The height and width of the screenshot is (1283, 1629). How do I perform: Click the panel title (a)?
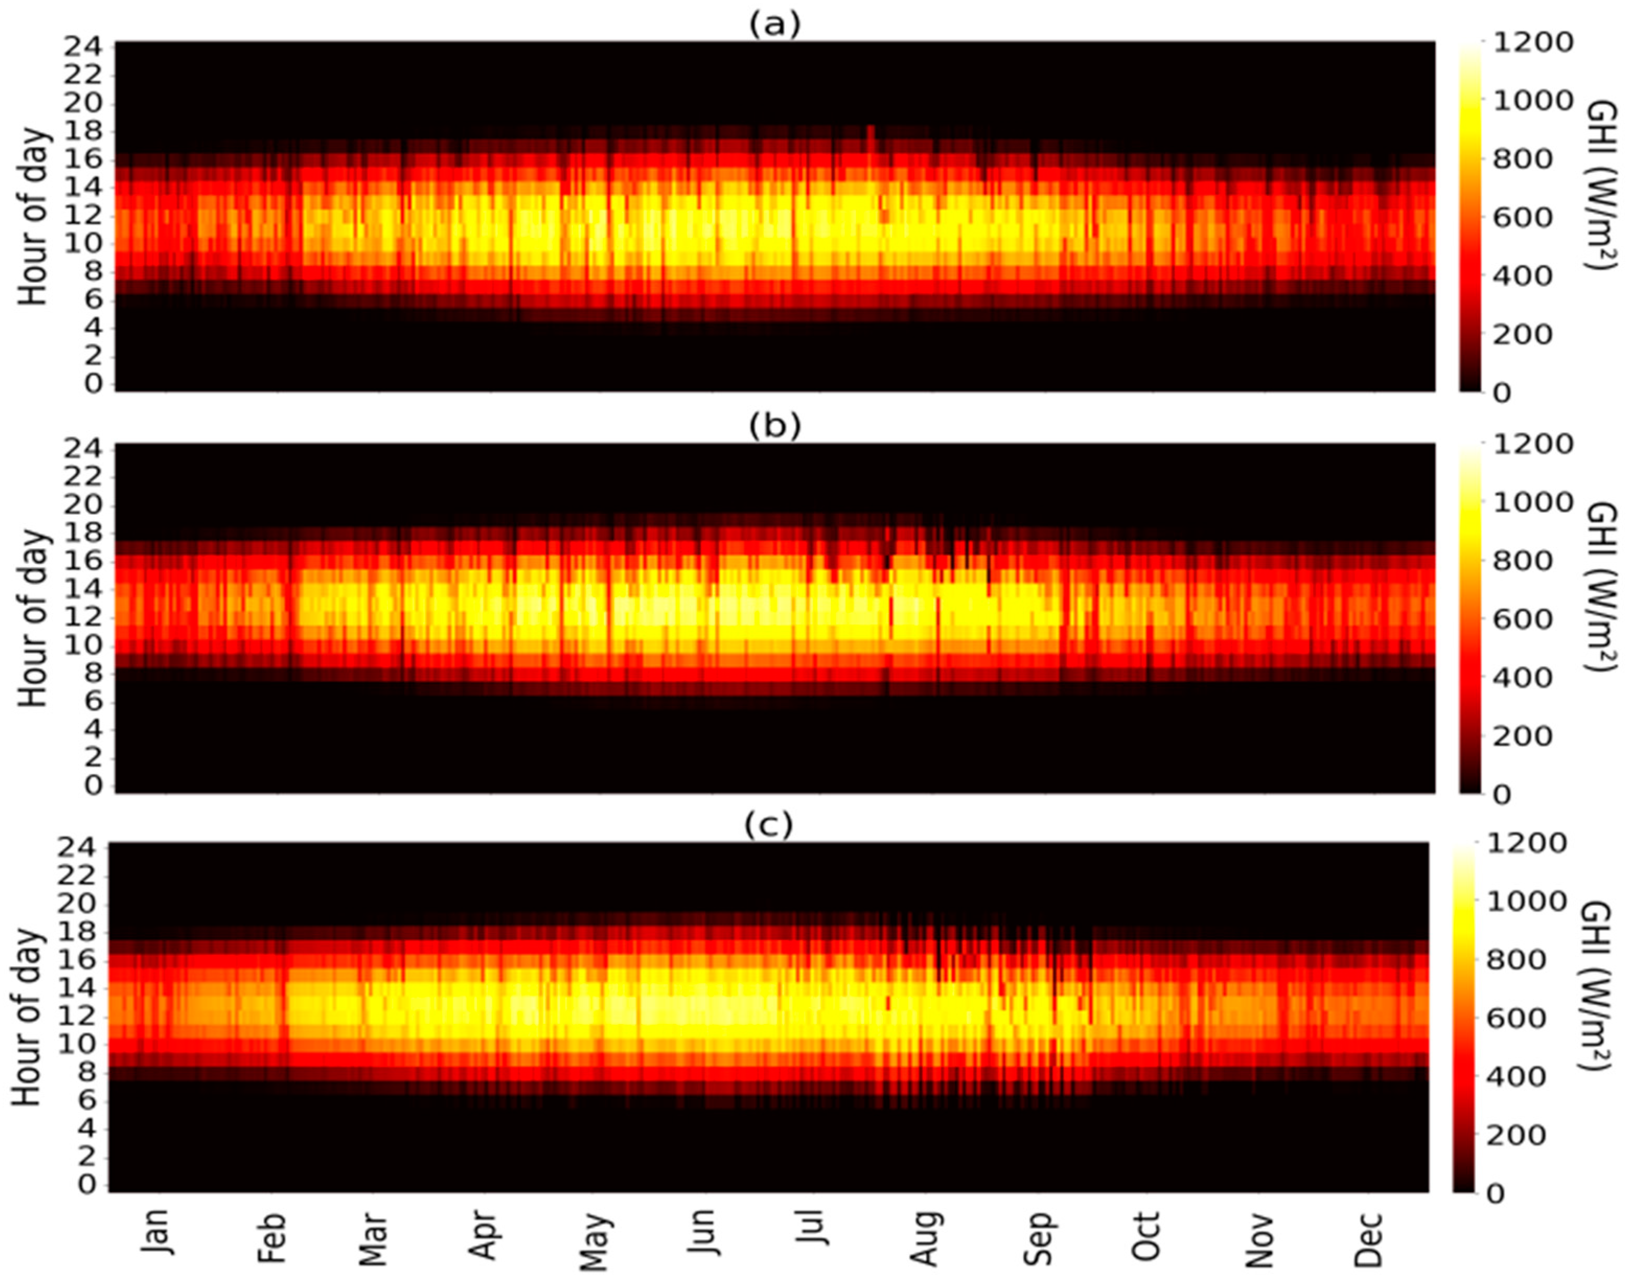click(775, 25)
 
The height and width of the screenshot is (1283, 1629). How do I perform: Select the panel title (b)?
click(775, 425)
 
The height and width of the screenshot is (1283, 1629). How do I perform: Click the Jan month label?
click(156, 1230)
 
